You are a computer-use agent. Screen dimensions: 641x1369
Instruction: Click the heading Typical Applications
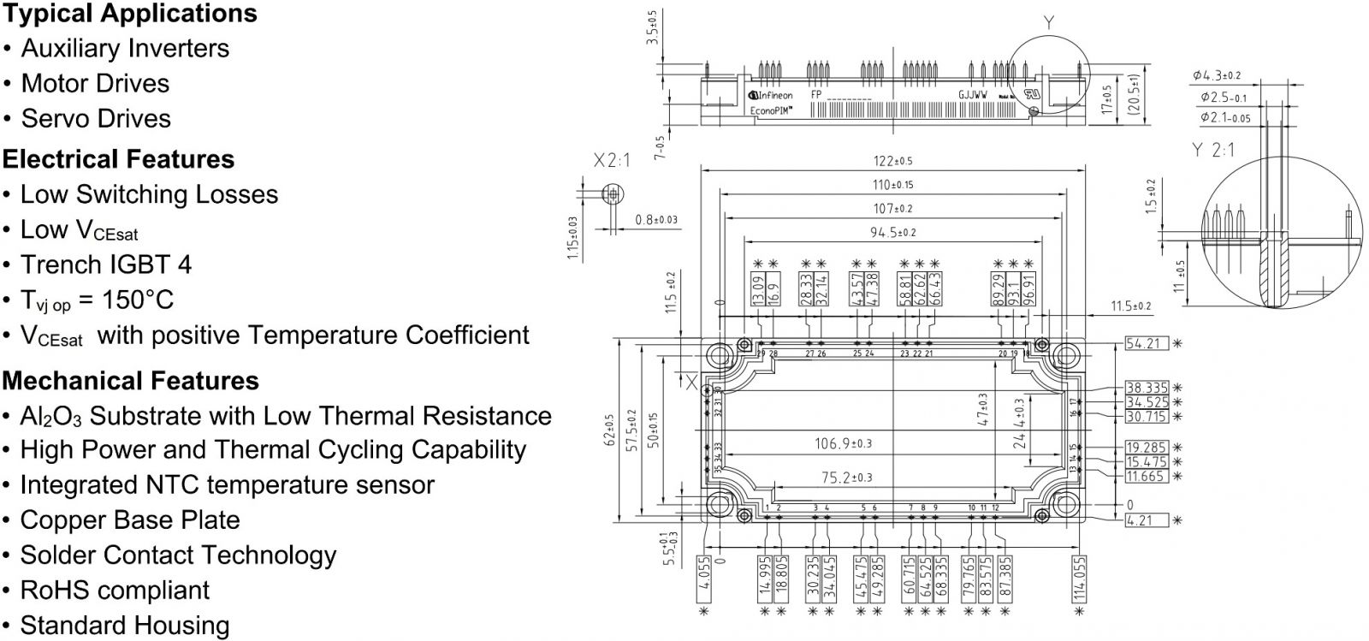[x=129, y=14]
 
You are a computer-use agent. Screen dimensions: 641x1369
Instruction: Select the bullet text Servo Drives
[x=96, y=118]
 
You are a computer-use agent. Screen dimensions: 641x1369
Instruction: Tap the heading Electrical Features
[x=118, y=159]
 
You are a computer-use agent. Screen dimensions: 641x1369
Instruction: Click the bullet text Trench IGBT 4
[x=106, y=264]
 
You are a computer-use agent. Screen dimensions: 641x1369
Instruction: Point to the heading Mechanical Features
[x=130, y=380]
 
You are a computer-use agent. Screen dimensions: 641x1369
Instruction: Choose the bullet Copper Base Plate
[x=130, y=519]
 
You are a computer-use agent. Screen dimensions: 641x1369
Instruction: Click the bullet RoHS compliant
[x=115, y=590]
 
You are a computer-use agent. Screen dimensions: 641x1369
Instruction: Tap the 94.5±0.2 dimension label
[x=892, y=233]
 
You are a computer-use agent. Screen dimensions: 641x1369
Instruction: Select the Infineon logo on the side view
[x=771, y=96]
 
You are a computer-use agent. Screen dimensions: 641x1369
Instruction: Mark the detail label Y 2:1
[x=1213, y=150]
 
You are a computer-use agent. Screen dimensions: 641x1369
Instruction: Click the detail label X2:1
[x=612, y=160]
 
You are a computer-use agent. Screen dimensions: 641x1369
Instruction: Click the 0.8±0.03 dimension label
[x=656, y=220]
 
